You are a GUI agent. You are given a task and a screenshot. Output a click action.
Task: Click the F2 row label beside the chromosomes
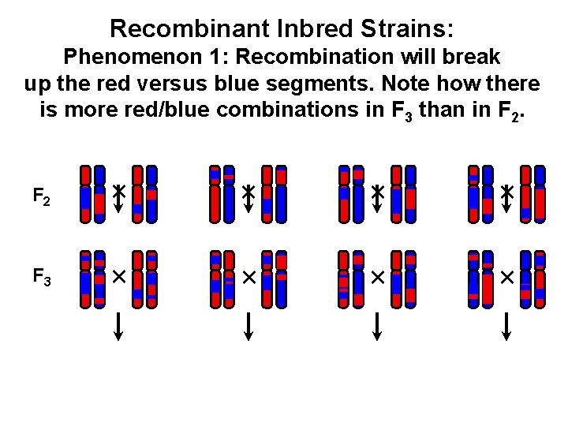tap(42, 196)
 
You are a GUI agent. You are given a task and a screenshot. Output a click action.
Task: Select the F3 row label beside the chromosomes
tap(42, 278)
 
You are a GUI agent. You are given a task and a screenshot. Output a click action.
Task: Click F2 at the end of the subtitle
tap(514, 110)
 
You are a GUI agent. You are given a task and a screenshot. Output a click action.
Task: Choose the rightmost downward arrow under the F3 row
tap(506, 326)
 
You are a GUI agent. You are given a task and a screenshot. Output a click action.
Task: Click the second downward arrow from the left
tap(248, 326)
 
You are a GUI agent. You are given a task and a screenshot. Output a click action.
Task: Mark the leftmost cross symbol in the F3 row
tap(118, 277)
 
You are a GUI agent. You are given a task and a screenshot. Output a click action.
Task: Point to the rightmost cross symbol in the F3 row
tap(506, 277)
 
